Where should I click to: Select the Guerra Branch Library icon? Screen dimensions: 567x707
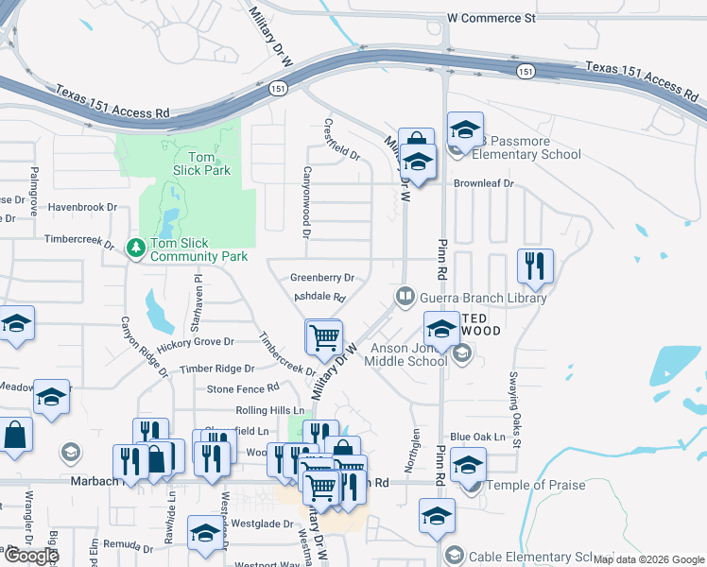[x=405, y=297]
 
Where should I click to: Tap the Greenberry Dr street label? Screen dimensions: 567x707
[x=321, y=278]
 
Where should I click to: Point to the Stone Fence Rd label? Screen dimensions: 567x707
[x=243, y=387]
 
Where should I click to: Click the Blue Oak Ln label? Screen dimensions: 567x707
[x=478, y=437]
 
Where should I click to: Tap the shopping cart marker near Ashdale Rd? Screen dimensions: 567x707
[x=323, y=336]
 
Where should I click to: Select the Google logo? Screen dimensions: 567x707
[x=31, y=555]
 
